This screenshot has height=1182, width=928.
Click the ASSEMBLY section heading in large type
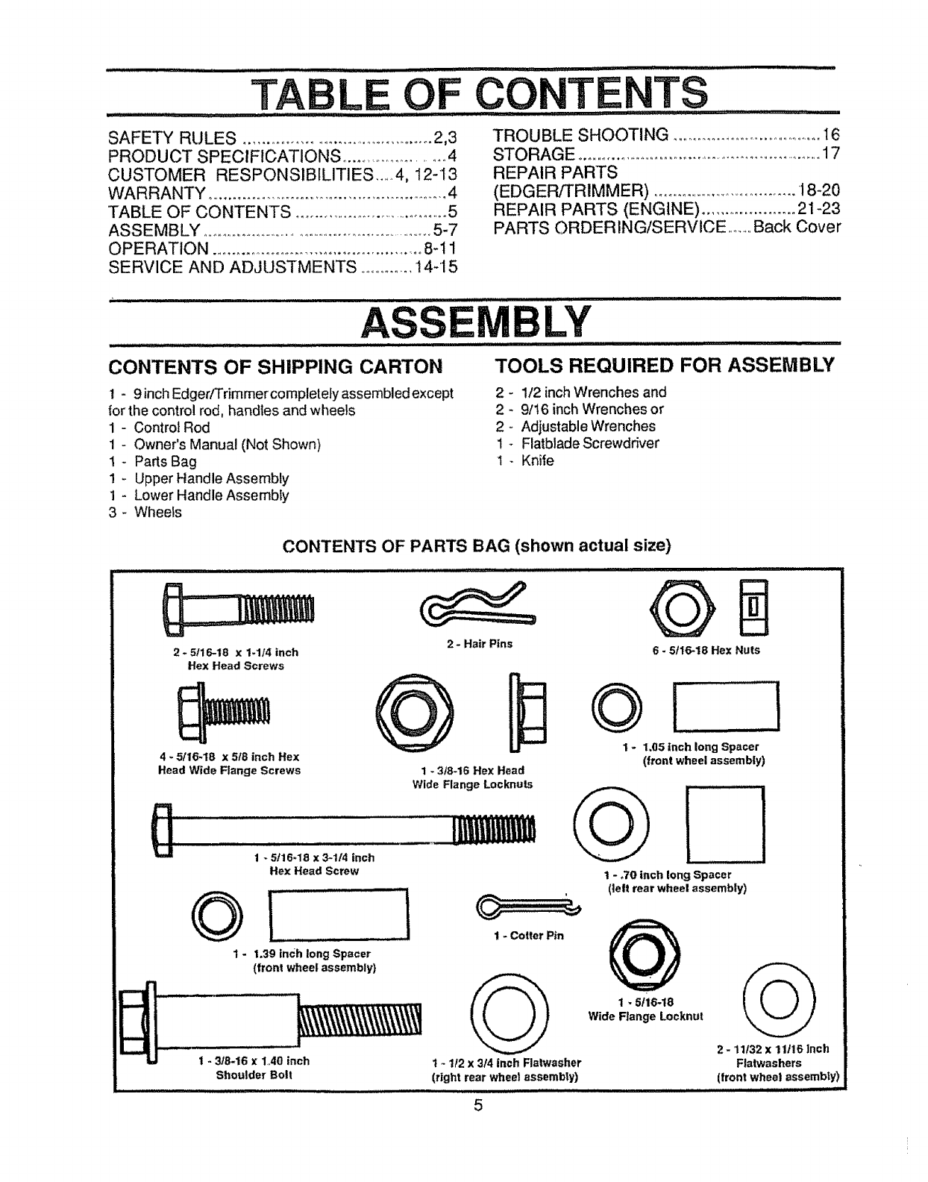point(476,322)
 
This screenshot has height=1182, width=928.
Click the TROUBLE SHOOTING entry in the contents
point(581,135)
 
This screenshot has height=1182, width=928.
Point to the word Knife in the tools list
point(537,460)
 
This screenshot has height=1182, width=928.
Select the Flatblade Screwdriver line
point(589,443)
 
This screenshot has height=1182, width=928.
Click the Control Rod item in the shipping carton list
point(172,428)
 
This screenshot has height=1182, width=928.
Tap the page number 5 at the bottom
point(477,1106)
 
